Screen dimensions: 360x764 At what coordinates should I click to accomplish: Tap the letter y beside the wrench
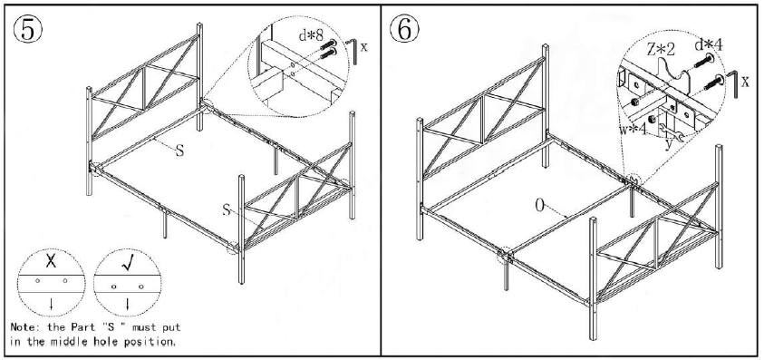coord(669,141)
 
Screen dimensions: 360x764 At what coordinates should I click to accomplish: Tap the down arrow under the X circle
coord(52,303)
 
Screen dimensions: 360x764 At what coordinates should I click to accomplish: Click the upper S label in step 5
coord(179,151)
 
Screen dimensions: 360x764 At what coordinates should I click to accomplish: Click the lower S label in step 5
coord(227,209)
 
